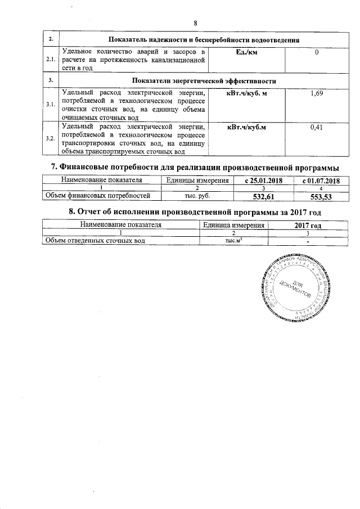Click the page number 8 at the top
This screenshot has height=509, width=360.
(196, 23)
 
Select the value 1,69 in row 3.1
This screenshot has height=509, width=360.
(317, 93)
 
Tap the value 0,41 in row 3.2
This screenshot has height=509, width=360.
(317, 128)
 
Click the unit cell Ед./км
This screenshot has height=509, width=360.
(246, 52)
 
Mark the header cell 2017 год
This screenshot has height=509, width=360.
(308, 225)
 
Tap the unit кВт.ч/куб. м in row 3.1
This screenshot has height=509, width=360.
(246, 93)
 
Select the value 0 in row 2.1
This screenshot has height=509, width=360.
(317, 52)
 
